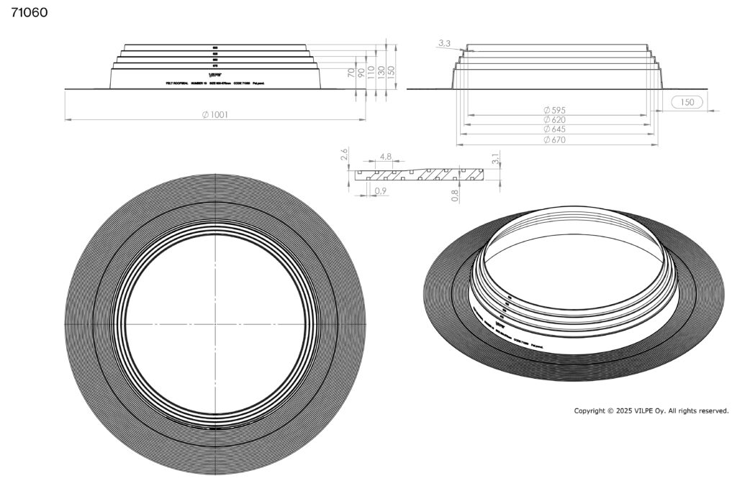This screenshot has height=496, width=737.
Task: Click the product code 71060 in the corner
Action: (29, 13)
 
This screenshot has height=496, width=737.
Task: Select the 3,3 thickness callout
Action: (444, 44)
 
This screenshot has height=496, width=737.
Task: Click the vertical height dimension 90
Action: (362, 73)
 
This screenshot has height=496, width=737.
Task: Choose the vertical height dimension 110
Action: (371, 73)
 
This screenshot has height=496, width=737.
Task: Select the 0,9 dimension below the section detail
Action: (381, 190)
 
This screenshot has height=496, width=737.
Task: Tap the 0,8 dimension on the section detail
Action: (455, 193)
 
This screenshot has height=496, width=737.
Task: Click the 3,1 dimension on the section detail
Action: (494, 159)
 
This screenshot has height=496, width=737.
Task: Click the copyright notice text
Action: (651, 411)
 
